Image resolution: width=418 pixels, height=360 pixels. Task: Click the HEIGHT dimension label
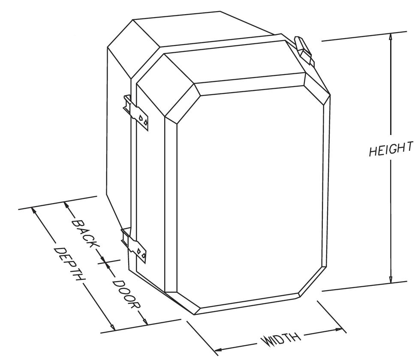[x=391, y=149]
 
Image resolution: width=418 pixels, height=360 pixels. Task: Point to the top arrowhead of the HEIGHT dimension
[x=390, y=36]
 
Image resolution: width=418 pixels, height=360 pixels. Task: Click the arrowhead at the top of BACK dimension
[x=66, y=205]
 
